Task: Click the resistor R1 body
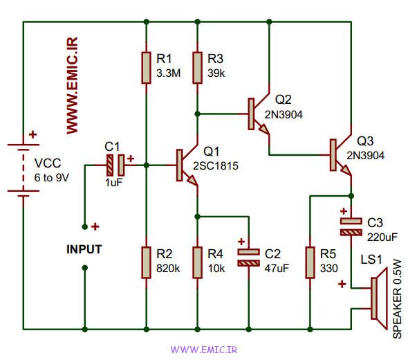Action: click(x=146, y=68)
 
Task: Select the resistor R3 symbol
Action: click(x=198, y=68)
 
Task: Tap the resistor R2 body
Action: click(x=146, y=262)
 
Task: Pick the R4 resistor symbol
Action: click(x=198, y=262)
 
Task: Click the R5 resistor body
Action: click(x=310, y=262)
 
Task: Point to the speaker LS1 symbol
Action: click(x=379, y=298)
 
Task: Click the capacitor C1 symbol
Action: click(x=115, y=165)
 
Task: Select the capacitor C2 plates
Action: click(x=249, y=258)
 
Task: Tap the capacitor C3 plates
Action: click(x=351, y=227)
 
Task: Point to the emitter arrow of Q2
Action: click(x=264, y=129)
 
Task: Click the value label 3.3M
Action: click(x=168, y=73)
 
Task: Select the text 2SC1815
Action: click(x=216, y=166)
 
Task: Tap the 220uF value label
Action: click(x=382, y=237)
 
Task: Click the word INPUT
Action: click(x=84, y=249)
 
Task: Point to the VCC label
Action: click(x=48, y=163)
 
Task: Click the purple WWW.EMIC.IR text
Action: click(x=204, y=350)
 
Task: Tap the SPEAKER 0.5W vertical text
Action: click(x=397, y=299)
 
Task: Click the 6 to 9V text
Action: click(x=52, y=178)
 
